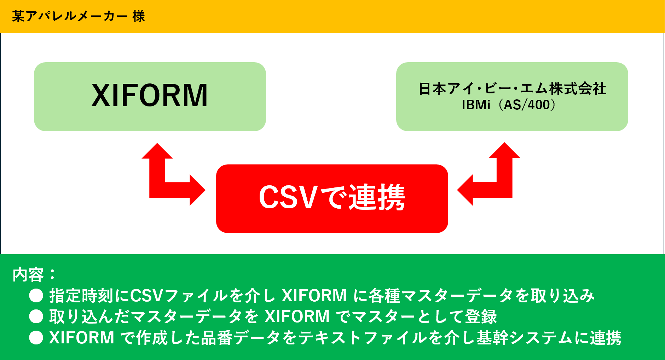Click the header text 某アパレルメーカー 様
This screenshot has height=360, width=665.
click(78, 16)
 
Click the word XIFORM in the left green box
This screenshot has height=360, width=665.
click(150, 95)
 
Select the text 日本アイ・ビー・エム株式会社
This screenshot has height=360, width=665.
click(512, 88)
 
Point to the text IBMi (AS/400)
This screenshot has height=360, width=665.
click(509, 105)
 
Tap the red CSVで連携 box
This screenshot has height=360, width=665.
click(332, 198)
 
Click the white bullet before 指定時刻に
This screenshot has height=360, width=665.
click(36, 296)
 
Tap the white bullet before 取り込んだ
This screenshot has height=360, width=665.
click(36, 317)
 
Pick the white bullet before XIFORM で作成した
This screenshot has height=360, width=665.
click(36, 337)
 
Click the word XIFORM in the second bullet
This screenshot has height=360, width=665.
click(297, 317)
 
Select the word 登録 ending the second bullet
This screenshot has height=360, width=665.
click(481, 317)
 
